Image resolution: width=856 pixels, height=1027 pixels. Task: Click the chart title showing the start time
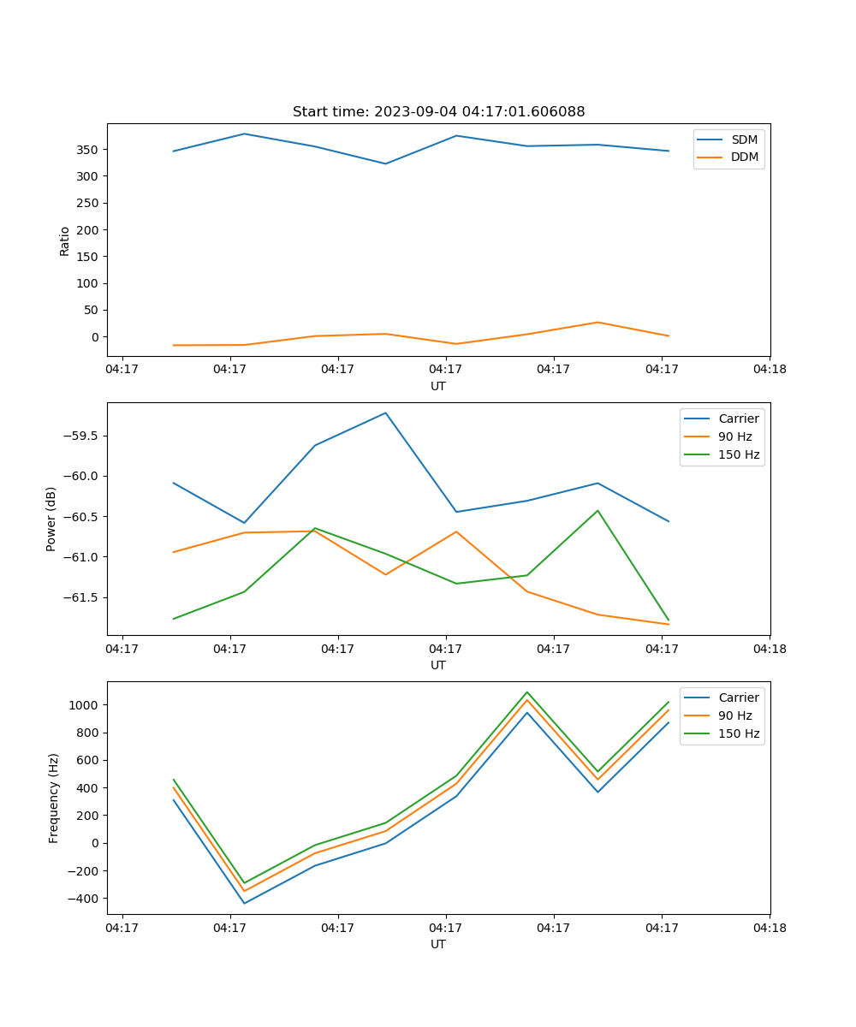(438, 112)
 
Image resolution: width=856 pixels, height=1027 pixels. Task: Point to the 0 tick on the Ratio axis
(95, 337)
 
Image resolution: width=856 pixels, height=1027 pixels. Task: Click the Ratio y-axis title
(65, 240)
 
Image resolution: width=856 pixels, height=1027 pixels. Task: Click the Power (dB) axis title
(51, 519)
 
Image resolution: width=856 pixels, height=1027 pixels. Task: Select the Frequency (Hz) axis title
(53, 798)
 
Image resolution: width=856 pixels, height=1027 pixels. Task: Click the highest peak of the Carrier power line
(385, 413)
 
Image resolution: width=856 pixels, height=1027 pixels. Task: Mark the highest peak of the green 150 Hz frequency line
(526, 692)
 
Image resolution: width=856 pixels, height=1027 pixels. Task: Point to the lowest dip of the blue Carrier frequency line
(244, 903)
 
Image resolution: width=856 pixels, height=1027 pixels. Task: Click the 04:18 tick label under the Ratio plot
(769, 370)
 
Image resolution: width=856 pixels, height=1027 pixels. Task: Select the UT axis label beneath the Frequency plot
(438, 944)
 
